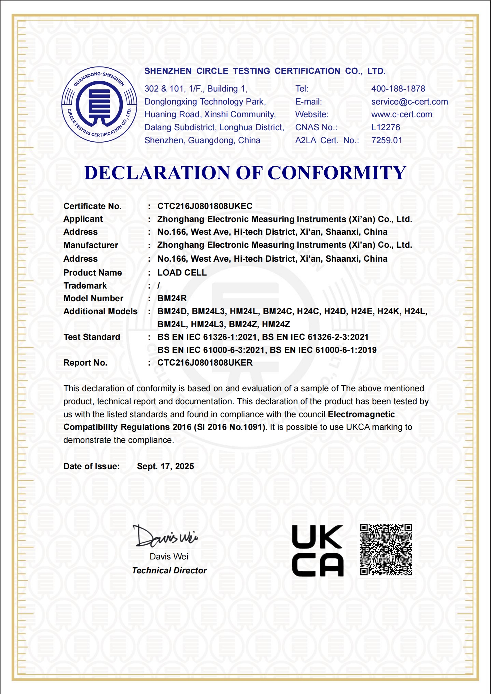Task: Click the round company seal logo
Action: (99, 105)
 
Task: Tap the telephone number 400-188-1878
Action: (398, 89)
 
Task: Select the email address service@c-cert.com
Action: (409, 102)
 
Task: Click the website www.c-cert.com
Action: (402, 114)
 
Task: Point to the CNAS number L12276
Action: (386, 127)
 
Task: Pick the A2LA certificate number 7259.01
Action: (387, 140)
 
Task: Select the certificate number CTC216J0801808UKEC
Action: (205, 206)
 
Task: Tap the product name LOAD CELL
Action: (182, 273)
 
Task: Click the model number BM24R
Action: (172, 298)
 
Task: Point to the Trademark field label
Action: (85, 286)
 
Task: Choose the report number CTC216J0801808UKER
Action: (205, 363)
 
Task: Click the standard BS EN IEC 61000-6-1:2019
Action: (323, 350)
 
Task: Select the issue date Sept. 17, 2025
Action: (165, 466)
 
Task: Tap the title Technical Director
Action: (169, 571)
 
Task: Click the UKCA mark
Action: (318, 551)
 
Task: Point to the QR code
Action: (386, 550)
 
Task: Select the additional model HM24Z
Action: (276, 324)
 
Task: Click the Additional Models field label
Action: (100, 311)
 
